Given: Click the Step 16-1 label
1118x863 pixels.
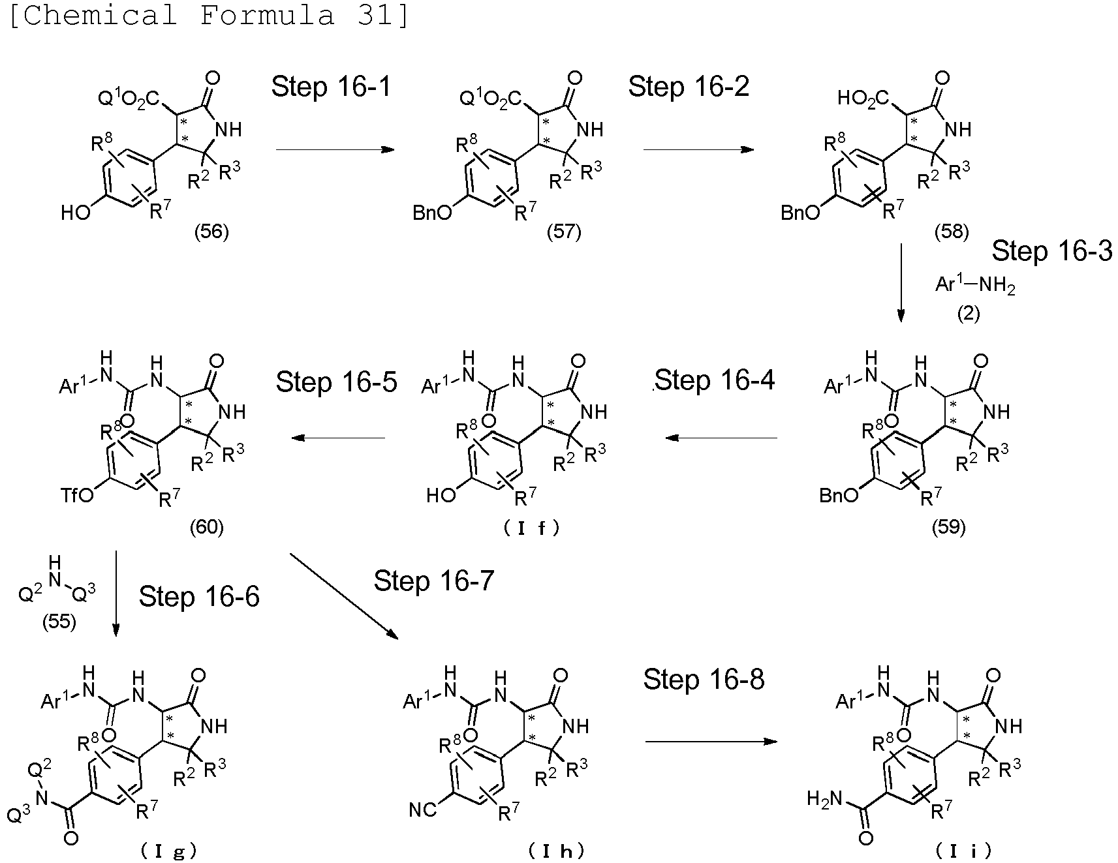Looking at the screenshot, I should (331, 86).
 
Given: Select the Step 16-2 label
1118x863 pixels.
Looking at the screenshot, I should (688, 86).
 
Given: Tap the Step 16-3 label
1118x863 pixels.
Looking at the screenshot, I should (1051, 251).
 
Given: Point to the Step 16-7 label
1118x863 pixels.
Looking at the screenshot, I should (433, 581).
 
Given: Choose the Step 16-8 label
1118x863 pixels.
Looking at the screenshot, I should (704, 679).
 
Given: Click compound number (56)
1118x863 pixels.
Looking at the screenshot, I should (211, 232).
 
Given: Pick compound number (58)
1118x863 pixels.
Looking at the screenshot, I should (951, 232).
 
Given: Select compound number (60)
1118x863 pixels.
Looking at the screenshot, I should (206, 526).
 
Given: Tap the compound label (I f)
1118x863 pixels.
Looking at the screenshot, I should (532, 528).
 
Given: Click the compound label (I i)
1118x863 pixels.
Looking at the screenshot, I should (963, 850).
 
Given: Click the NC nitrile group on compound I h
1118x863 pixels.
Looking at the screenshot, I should (423, 810).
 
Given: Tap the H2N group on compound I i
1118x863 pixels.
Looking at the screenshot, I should (824, 798).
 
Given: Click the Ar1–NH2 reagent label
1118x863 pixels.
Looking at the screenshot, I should (975, 285).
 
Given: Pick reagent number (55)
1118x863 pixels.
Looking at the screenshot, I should (59, 622).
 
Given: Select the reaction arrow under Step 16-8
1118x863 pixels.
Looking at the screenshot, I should (711, 742).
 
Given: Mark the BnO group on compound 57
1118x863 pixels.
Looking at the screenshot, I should (431, 213).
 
